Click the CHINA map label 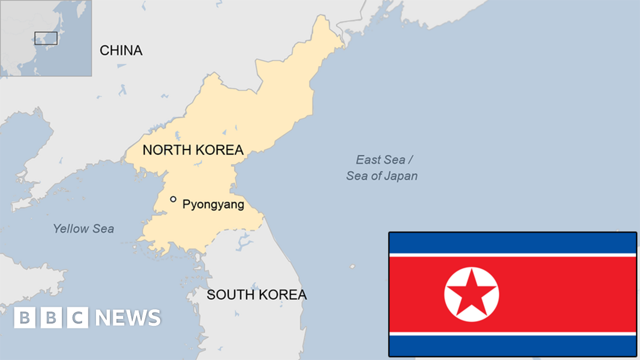click(121, 51)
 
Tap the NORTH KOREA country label click(193, 150)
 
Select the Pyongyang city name click(213, 204)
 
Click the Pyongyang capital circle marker click(173, 199)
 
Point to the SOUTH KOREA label click(257, 294)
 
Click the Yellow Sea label click(83, 229)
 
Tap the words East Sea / click(385, 159)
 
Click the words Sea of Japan click(382, 176)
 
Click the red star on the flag click(471, 293)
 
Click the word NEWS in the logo click(128, 318)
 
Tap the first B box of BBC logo click(24, 318)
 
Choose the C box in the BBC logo click(77, 318)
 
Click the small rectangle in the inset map click(46, 38)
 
